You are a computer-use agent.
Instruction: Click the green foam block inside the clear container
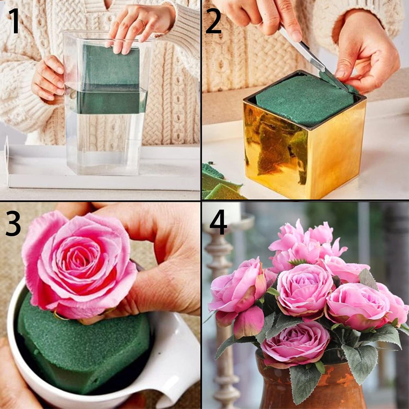click(112, 79)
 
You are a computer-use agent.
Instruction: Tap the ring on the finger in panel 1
click(142, 23)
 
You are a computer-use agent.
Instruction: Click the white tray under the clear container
click(102, 181)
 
